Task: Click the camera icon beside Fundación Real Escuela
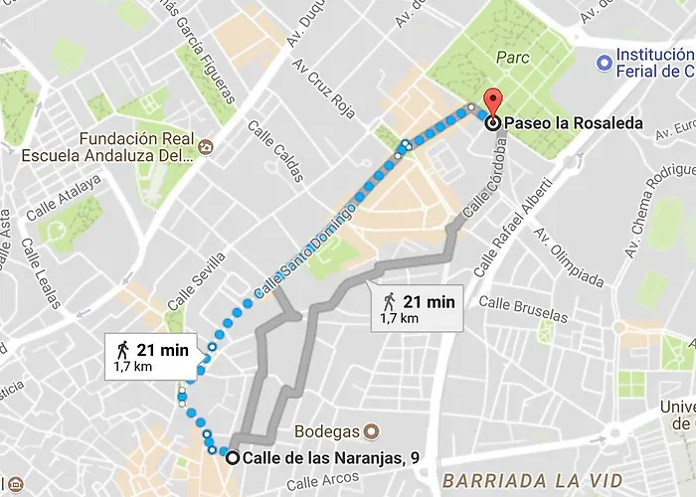pyautogui.click(x=205, y=148)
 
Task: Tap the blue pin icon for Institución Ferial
pyautogui.click(x=602, y=63)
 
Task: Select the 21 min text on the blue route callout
pyautogui.click(x=162, y=349)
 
